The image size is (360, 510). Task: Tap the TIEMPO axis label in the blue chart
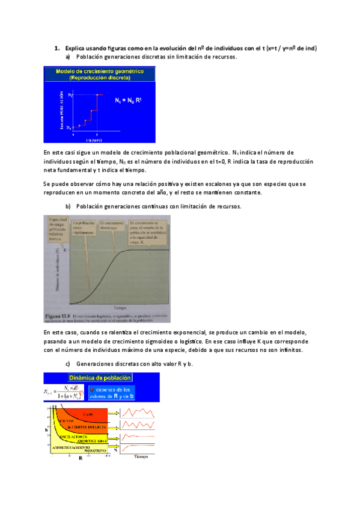tap(93, 139)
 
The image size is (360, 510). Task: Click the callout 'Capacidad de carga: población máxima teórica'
tap(56, 229)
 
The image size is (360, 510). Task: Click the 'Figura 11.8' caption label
tap(58, 315)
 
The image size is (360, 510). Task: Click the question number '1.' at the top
tap(56, 48)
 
